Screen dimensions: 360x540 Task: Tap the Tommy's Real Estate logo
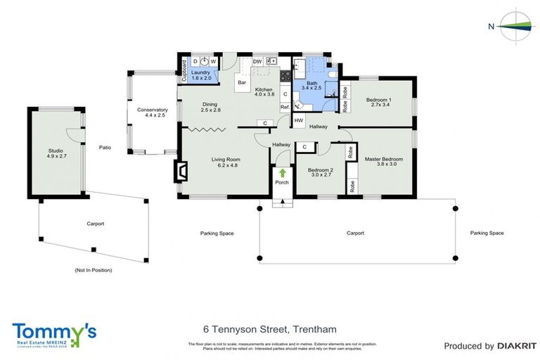click(54, 335)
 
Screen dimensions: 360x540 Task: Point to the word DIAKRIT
click(517, 346)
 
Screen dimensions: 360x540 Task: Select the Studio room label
click(55, 153)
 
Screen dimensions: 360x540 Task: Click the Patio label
click(105, 148)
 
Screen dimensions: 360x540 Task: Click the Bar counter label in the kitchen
click(241, 83)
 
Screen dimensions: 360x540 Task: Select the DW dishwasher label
click(257, 62)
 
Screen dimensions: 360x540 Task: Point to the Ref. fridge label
click(285, 107)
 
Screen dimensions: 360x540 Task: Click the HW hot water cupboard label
click(299, 121)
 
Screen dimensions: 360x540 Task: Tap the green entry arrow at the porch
click(283, 172)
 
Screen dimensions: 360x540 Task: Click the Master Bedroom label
click(384, 162)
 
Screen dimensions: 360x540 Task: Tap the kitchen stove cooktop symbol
click(285, 75)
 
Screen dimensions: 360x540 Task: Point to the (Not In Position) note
click(93, 270)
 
